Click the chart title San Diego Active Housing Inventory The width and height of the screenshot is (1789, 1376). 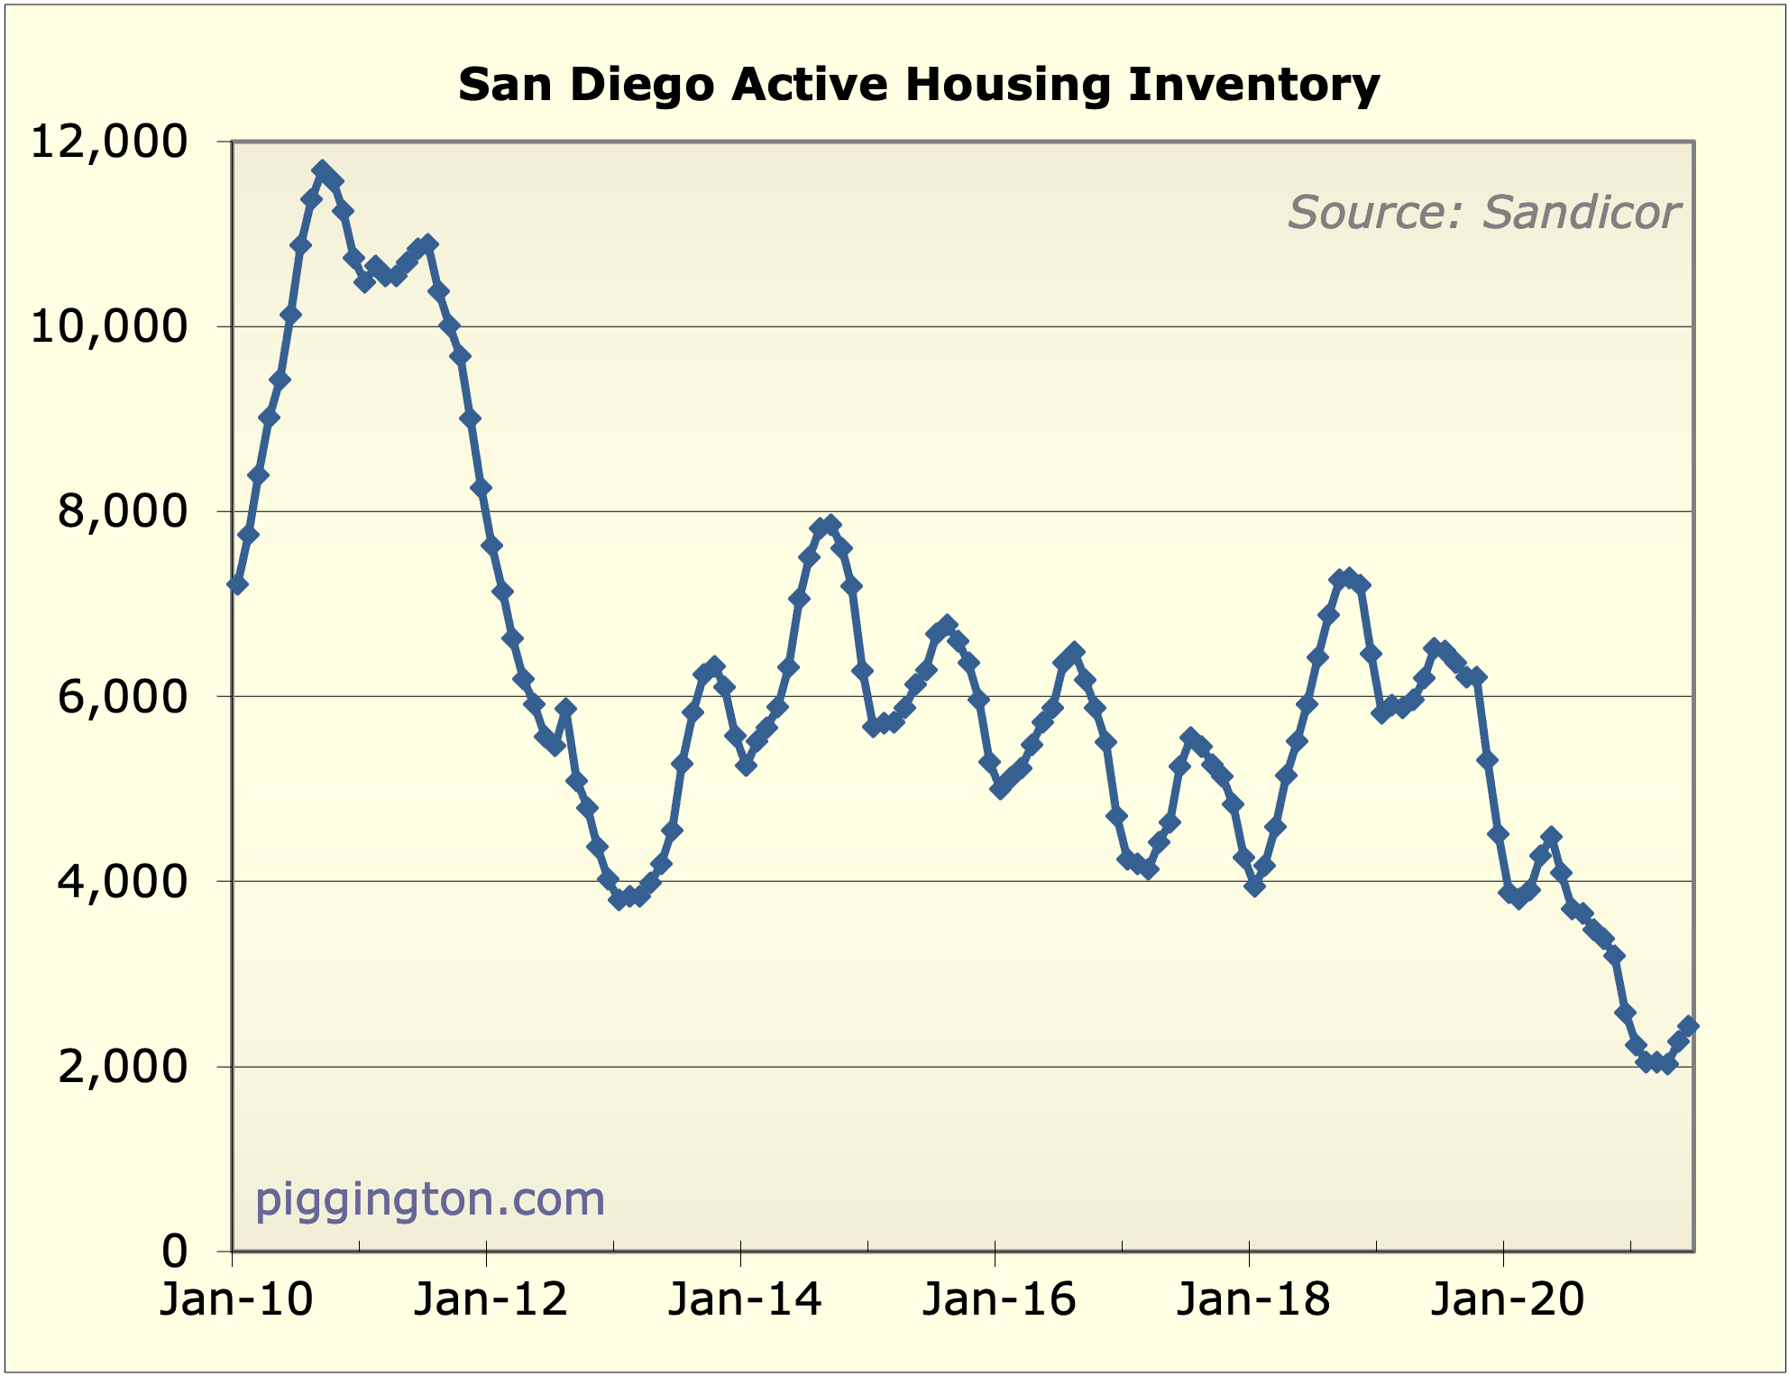[918, 85]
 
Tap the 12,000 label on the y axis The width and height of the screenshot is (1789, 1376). [109, 142]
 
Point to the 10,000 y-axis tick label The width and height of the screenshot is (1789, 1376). [109, 326]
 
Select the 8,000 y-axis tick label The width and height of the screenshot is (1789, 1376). [123, 511]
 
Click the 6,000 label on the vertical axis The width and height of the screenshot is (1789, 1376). [123, 696]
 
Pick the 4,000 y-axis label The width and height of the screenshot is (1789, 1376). [123, 881]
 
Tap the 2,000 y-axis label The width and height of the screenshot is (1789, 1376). [123, 1067]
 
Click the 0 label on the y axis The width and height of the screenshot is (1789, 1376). [175, 1251]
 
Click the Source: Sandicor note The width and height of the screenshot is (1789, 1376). [1483, 213]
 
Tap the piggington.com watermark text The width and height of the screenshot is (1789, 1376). [429, 1199]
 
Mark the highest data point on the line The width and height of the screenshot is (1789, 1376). [322, 170]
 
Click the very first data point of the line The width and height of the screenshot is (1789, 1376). [238, 585]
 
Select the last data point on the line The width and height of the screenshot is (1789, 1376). [1689, 1026]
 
